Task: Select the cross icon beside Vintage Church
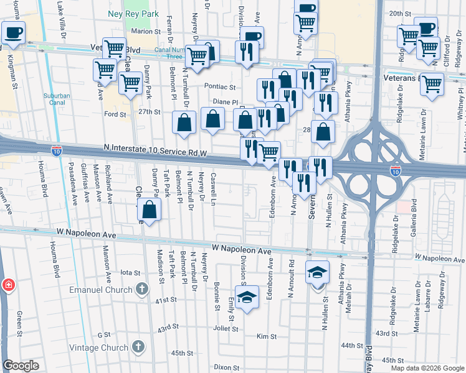[138, 347]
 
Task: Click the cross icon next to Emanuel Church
[142, 288]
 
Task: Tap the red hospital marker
[8, 285]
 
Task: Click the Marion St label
[146, 31]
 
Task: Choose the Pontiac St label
[222, 87]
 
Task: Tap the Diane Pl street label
[226, 102]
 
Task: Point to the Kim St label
[266, 336]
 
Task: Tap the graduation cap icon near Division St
[248, 297]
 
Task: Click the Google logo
[21, 366]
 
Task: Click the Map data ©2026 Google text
[427, 368]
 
